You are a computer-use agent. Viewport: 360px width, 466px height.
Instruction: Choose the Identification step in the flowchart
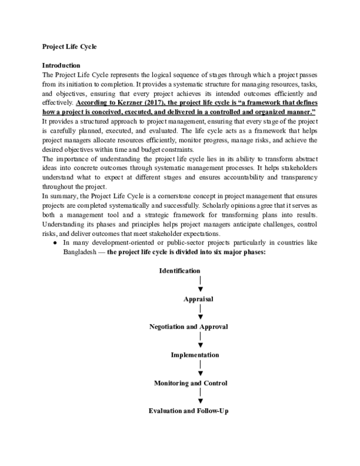(179, 271)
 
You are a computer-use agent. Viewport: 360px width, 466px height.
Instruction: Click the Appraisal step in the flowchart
(198, 298)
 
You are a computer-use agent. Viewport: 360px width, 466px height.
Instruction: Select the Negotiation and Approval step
(188, 327)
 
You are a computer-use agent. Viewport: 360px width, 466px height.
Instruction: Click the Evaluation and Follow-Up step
(188, 411)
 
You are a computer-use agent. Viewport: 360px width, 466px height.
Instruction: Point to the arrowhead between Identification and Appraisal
(199, 289)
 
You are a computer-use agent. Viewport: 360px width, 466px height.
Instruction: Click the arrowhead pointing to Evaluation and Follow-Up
(199, 401)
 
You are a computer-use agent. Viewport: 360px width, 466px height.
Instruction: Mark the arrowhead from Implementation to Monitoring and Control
(199, 373)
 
